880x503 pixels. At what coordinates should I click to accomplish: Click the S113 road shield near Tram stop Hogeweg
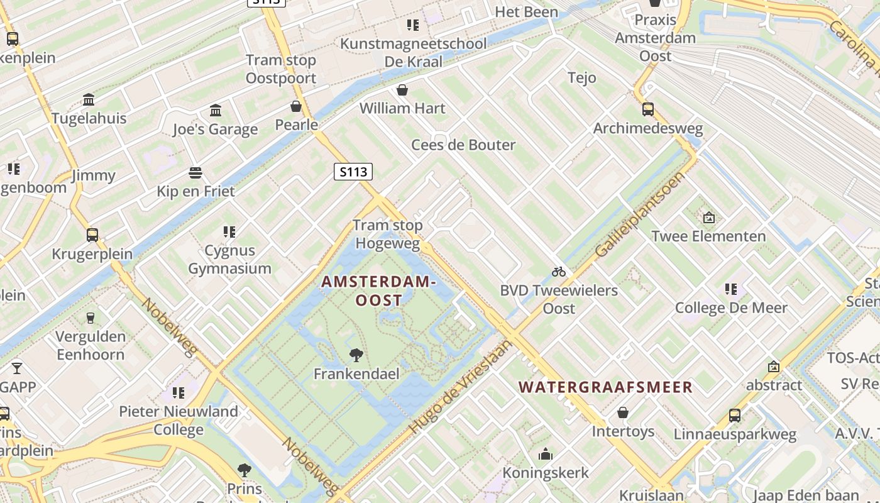353,172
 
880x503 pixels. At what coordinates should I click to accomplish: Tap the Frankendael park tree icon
356,355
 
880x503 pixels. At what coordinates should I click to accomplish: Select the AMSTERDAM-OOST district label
378,291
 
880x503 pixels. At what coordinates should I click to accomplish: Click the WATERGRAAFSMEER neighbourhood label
606,387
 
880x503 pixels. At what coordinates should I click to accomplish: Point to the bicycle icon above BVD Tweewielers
559,272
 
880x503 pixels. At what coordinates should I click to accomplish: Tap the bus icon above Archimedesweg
648,109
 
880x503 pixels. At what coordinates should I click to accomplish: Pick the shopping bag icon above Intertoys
623,412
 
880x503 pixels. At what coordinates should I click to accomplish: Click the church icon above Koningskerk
545,454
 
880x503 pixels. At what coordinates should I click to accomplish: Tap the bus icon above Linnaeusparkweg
735,415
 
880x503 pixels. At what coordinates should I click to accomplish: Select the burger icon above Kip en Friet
195,173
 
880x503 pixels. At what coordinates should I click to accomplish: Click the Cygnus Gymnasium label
230,259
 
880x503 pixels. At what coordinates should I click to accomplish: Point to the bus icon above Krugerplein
92,235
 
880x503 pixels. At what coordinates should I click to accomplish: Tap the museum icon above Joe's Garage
216,111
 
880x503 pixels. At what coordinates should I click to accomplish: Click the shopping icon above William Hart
402,90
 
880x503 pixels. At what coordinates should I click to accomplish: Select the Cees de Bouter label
463,145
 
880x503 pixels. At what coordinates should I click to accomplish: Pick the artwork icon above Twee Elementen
709,218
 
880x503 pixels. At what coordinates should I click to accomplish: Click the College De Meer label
731,307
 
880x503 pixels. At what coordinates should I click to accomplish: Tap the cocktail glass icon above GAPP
16,368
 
